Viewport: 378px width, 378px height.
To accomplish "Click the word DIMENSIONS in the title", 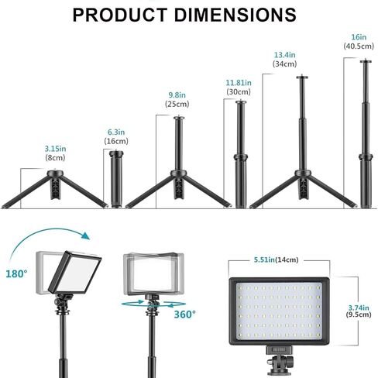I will coord(239,15).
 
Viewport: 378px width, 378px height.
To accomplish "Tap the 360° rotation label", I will coord(184,314).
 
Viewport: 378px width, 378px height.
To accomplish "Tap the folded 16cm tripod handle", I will coord(118,180).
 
